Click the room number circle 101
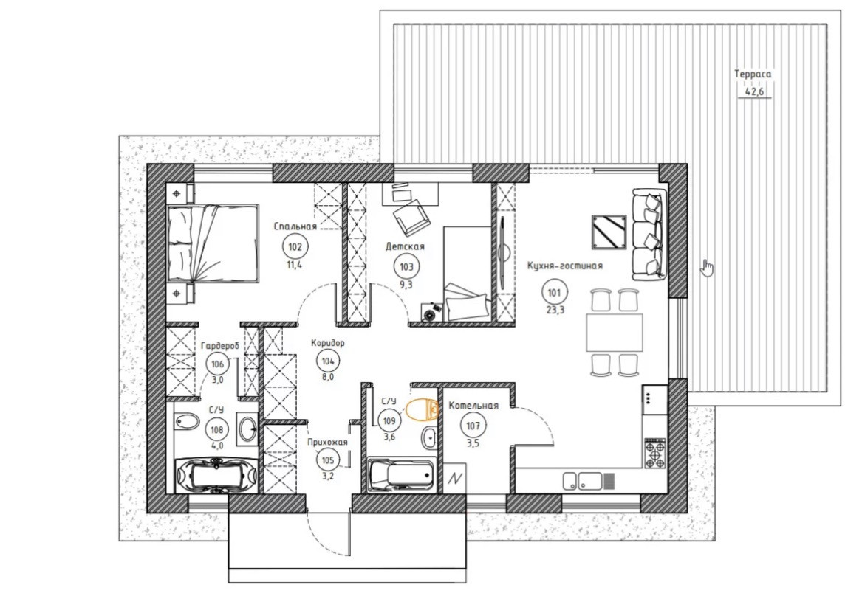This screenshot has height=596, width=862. [x=554, y=293]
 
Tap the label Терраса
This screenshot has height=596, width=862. [x=753, y=74]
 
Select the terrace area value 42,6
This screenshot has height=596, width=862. [x=754, y=91]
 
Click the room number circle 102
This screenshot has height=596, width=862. [x=295, y=247]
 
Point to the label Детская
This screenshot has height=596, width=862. [x=406, y=246]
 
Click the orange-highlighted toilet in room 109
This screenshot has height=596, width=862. [x=423, y=409]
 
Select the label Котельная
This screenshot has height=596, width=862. [x=473, y=406]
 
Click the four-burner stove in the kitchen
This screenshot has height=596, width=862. [x=655, y=454]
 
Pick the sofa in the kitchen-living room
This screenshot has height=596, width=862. [x=649, y=235]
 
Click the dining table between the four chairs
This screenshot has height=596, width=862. [x=615, y=333]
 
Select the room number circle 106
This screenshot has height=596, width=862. [x=218, y=364]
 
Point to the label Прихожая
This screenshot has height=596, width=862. [x=328, y=442]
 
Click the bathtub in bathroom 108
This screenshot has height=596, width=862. [x=216, y=475]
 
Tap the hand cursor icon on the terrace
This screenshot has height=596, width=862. [x=707, y=267]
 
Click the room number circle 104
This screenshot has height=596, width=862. [x=328, y=361]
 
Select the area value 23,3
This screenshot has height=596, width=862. [x=554, y=310]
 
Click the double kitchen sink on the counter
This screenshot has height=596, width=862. [x=581, y=481]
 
